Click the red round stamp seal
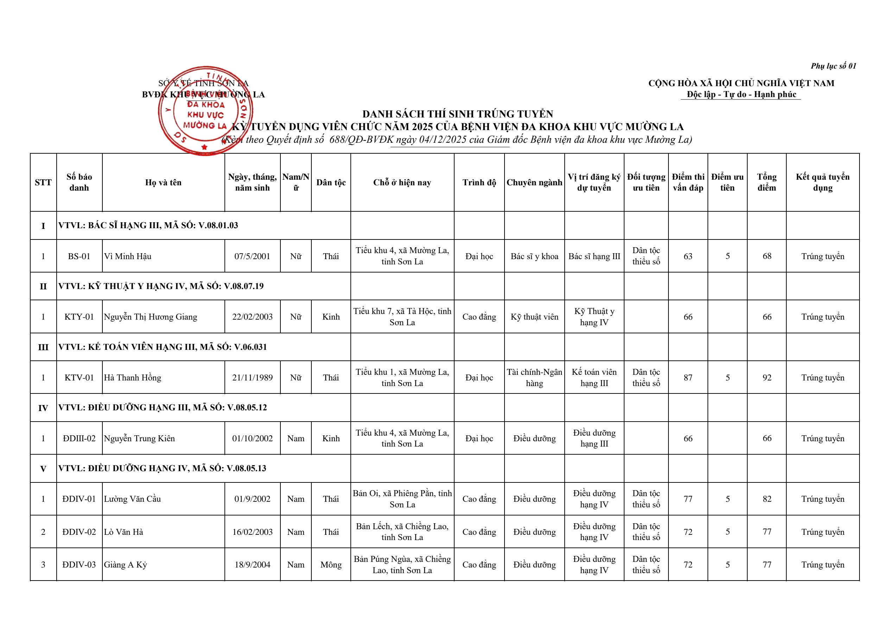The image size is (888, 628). click(x=205, y=111)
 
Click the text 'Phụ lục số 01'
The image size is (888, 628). click(x=833, y=66)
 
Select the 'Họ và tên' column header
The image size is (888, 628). click(x=163, y=182)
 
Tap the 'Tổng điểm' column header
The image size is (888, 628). click(x=767, y=182)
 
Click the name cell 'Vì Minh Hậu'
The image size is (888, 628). click(x=128, y=256)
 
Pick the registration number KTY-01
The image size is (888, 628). click(x=79, y=317)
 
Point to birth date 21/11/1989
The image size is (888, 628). click(x=252, y=378)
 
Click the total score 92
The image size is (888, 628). click(x=767, y=378)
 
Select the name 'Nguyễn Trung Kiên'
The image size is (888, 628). click(x=139, y=438)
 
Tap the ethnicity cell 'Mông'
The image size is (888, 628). click(x=331, y=565)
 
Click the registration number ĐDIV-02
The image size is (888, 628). click(x=79, y=532)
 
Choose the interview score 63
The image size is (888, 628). click(x=688, y=256)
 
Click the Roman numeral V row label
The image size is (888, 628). click(x=43, y=469)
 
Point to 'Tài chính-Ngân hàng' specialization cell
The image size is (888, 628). click(x=534, y=378)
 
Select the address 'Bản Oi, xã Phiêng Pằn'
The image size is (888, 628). click(x=402, y=499)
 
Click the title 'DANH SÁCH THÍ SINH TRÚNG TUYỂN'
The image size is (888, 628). click(x=458, y=114)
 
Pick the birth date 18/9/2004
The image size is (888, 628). click(x=252, y=565)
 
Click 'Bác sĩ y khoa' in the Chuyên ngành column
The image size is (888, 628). click(x=534, y=256)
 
